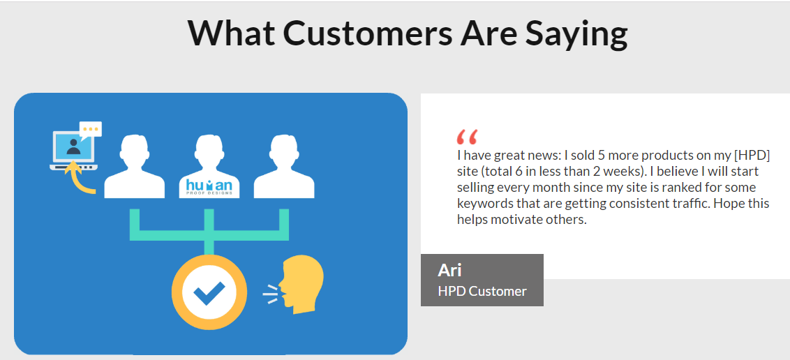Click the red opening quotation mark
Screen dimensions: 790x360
467,137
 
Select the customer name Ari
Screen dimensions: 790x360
449,270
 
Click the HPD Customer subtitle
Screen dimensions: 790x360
482,291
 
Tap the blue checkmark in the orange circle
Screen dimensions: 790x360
209,292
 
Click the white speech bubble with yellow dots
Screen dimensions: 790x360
91,129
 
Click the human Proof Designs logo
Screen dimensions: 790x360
209,187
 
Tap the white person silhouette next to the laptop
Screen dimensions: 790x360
135,166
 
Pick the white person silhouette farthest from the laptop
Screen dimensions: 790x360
284,166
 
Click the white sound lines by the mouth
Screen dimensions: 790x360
271,294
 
